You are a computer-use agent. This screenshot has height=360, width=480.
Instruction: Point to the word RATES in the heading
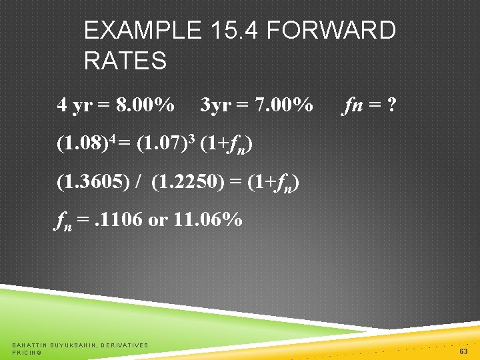pyautogui.click(x=125, y=61)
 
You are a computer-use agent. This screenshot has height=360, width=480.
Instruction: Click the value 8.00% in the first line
pyautogui.click(x=145, y=105)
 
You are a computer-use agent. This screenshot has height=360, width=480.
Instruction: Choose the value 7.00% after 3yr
pyautogui.click(x=285, y=105)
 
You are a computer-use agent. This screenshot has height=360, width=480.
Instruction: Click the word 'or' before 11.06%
pyautogui.click(x=157, y=219)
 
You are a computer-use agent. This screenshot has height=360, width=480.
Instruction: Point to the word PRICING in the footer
pyautogui.click(x=27, y=352)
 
